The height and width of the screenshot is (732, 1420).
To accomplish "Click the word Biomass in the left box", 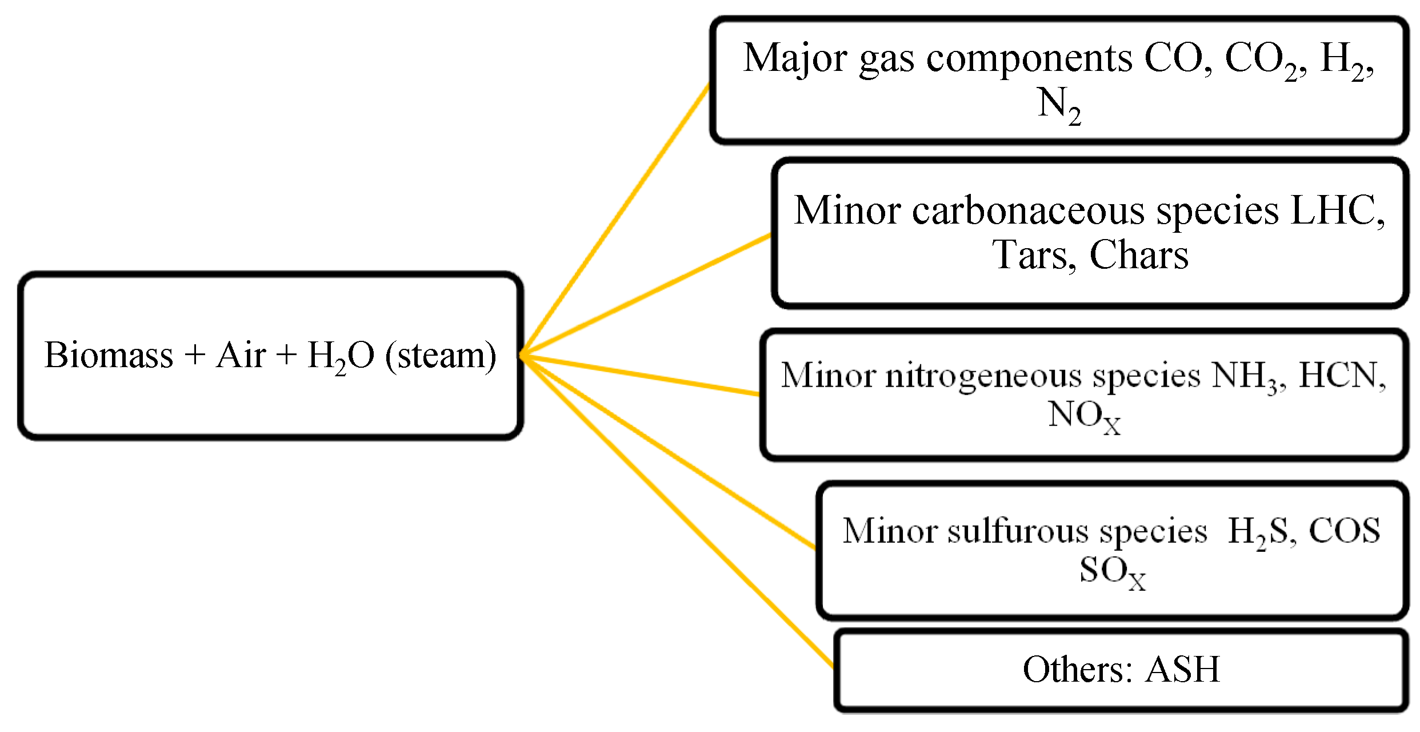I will click(109, 356).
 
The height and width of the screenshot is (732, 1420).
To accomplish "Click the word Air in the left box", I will click(241, 356).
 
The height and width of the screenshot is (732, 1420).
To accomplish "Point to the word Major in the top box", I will click(795, 59).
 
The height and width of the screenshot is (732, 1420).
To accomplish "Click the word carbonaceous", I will click(1028, 210).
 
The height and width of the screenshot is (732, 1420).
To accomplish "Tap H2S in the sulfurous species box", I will click(1257, 532).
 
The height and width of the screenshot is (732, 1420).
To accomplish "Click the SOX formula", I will click(1112, 572).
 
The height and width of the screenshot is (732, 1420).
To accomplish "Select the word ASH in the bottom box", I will click(1183, 670).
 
